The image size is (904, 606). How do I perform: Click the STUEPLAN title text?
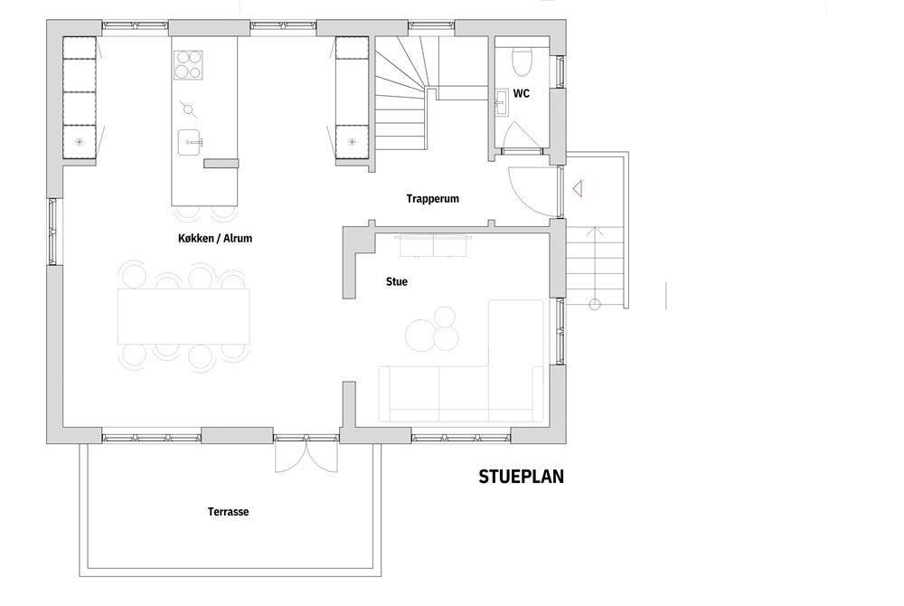click(522, 477)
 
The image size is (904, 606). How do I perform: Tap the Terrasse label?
click(229, 511)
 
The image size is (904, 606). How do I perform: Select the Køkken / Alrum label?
click(215, 238)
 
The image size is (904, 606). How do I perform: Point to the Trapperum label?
click(432, 199)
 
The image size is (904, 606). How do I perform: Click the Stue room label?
click(397, 281)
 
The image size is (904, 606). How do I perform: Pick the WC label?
click(522, 93)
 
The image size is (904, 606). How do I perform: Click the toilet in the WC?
click(523, 62)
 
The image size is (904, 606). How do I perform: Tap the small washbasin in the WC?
click(500, 104)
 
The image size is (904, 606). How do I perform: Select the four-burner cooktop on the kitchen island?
click(188, 64)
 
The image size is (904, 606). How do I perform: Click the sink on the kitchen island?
click(190, 142)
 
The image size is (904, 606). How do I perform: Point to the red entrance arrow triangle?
click(578, 188)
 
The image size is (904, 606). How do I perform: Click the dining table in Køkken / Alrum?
click(184, 317)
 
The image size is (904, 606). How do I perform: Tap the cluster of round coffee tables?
click(432, 328)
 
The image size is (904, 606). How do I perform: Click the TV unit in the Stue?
click(433, 246)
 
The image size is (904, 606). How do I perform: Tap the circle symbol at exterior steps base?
click(595, 305)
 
